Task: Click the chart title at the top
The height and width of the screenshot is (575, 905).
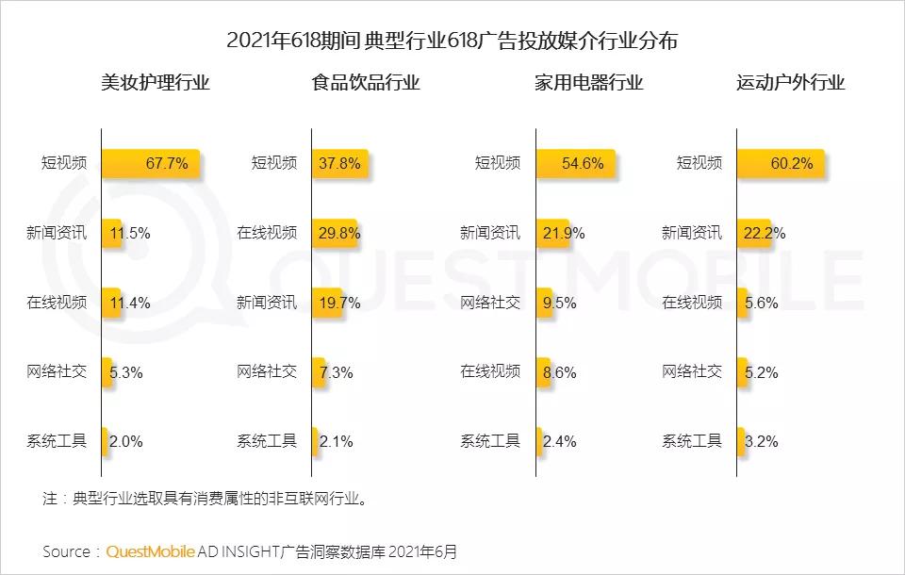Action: click(x=452, y=41)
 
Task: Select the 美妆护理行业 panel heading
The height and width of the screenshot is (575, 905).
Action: click(x=156, y=83)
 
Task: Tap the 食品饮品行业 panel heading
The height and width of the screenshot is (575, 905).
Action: click(x=366, y=83)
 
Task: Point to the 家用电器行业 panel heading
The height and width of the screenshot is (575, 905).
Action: click(x=588, y=83)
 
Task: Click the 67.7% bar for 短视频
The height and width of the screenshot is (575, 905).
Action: click(x=150, y=163)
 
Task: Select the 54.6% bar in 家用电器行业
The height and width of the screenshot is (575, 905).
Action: click(x=575, y=163)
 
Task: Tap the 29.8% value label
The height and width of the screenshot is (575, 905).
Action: click(x=339, y=233)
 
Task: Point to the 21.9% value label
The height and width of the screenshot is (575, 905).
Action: click(x=563, y=233)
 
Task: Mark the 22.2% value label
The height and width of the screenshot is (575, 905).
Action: click(x=765, y=233)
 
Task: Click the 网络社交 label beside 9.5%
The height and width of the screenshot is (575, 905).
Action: click(x=490, y=303)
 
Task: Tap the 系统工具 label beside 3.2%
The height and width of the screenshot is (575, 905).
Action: click(x=692, y=441)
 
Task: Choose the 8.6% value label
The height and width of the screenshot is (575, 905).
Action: click(x=559, y=372)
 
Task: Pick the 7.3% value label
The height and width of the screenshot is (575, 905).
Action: click(x=337, y=372)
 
